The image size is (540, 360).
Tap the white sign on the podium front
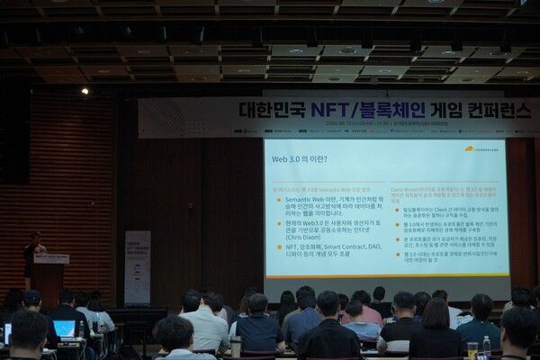click(x=51, y=259)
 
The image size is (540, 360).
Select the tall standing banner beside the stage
click(x=138, y=267)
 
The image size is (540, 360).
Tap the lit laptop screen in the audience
click(x=65, y=329)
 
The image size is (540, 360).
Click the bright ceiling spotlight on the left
click(x=85, y=90)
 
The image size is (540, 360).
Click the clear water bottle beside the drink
click(x=486, y=345)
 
